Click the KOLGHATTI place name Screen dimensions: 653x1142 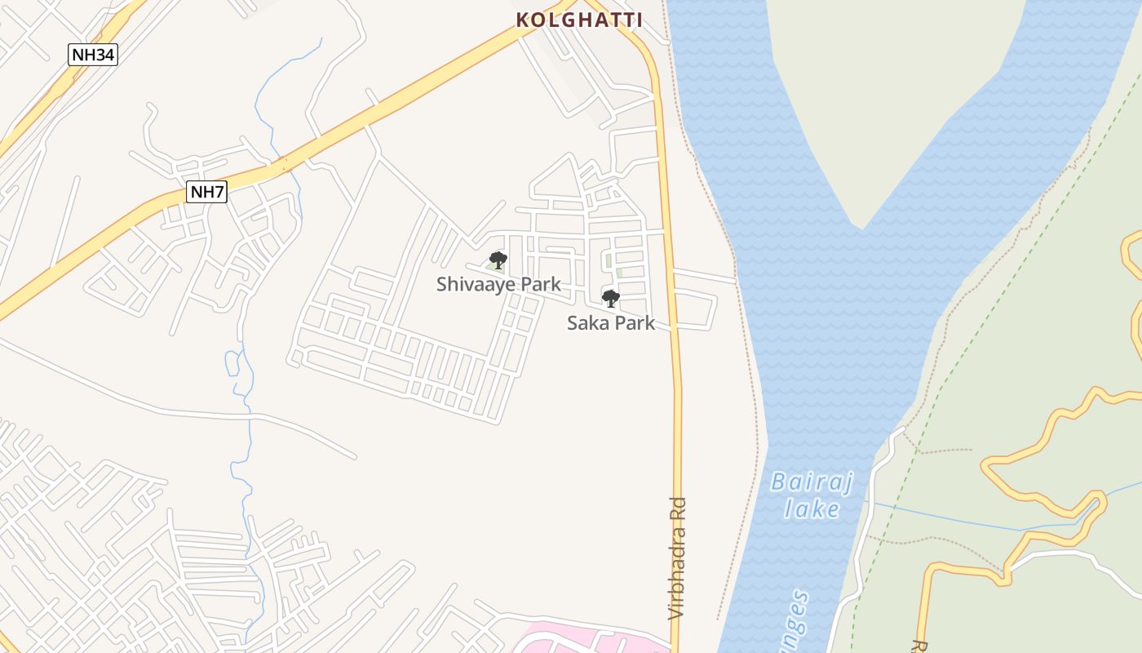click(579, 20)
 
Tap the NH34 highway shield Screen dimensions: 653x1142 click(93, 55)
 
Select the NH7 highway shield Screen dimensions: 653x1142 click(207, 192)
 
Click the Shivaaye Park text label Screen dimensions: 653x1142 click(498, 284)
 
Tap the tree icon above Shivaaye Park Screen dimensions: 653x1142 click(498, 260)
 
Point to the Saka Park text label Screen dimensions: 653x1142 click(611, 322)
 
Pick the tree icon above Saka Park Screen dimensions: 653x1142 click(610, 298)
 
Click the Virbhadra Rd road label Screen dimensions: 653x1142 click(677, 558)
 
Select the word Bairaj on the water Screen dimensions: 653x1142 click(812, 482)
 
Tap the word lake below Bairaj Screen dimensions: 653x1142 click(812, 509)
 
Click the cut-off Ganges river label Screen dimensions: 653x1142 click(795, 620)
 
